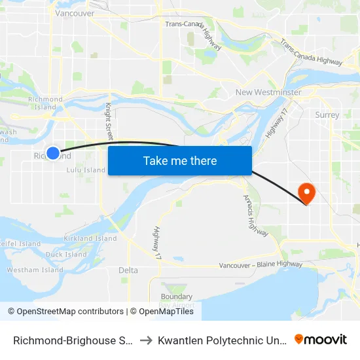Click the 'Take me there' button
coord(180,160)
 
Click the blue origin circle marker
coord(54,153)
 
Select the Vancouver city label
coord(75,13)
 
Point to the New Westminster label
coord(268,92)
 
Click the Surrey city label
coord(327,115)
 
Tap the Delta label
coord(128,270)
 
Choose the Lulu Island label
coord(86,170)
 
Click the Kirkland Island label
coord(90,239)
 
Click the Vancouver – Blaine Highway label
coord(261,265)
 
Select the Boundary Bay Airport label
coord(176,300)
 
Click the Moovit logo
coord(321,339)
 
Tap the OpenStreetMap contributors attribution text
coord(65,312)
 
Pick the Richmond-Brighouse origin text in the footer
coord(73,340)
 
